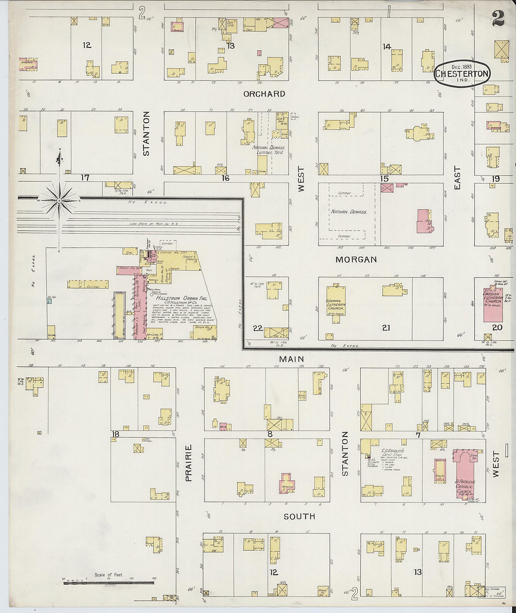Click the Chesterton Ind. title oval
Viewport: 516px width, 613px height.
pyautogui.click(x=462, y=73)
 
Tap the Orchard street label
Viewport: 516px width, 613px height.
pyautogui.click(x=264, y=94)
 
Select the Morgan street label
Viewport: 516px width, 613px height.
pyautogui.click(x=356, y=259)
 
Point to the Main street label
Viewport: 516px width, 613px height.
pyautogui.click(x=291, y=359)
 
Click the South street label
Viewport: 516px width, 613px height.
pyautogui.click(x=299, y=516)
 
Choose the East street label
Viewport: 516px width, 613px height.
pyautogui.click(x=457, y=178)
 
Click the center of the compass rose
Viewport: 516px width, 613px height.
pyautogui.click(x=59, y=201)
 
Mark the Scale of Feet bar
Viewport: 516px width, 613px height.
pyautogui.click(x=108, y=583)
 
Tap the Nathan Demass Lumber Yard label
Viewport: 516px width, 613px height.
pyautogui.click(x=268, y=150)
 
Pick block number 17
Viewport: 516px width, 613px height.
pyautogui.click(x=84, y=178)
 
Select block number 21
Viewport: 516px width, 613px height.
pyautogui.click(x=386, y=328)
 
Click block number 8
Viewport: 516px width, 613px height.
pyautogui.click(x=270, y=434)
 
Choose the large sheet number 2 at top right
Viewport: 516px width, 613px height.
pyautogui.click(x=498, y=18)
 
